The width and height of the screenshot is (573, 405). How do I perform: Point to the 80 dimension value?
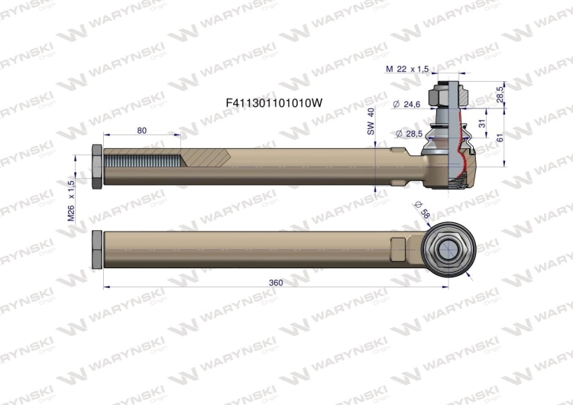click(142, 130)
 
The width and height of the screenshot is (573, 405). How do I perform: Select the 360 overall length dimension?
click(276, 282)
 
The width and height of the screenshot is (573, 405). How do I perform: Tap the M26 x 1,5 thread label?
click(71, 200)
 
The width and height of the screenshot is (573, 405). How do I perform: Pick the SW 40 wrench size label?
click(371, 122)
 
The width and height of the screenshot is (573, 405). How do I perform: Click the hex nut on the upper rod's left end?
click(96, 167)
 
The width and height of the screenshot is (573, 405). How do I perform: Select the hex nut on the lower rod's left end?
click(96, 249)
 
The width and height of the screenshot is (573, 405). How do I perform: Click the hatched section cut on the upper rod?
click(206, 161)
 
